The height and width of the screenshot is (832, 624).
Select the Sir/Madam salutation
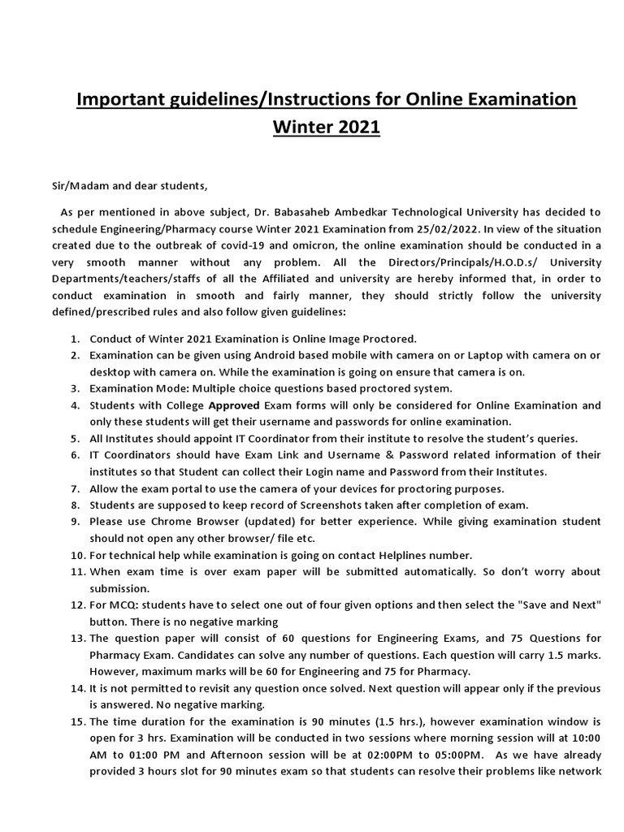pos(74,186)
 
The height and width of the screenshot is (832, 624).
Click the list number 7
pos(74,487)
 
